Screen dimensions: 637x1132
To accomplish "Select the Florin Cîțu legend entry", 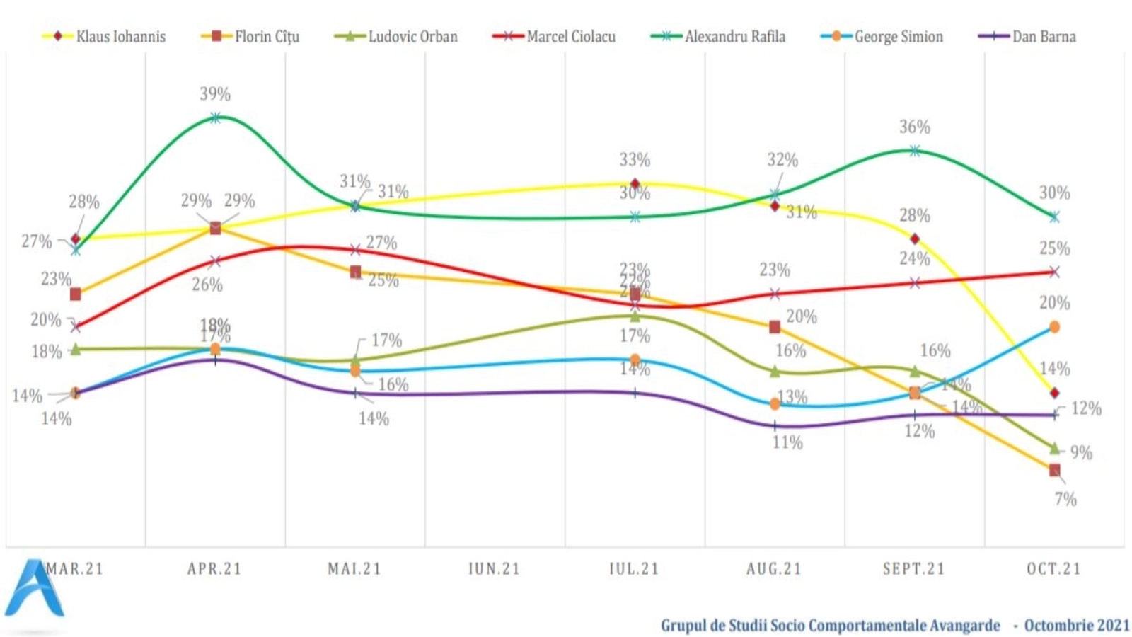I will pos(251,36).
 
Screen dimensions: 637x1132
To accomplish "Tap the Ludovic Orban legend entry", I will pos(396,36).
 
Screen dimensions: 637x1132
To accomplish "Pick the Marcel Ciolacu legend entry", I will pos(555,36).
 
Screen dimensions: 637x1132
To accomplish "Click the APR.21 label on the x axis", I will pos(214,569).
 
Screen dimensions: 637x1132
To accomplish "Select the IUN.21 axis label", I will pos(494,569).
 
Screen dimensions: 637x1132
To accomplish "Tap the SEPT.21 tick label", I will pos(913,569).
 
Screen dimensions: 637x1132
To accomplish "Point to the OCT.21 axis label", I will pos(1053,569).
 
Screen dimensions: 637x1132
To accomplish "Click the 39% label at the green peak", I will pos(215,94).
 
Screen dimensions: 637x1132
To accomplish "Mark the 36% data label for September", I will pos(915,127).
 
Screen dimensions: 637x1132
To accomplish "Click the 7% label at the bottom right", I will pos(1065,500).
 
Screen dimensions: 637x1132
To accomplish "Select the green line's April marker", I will pos(215,118).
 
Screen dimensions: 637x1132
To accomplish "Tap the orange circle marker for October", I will pos(1054,327).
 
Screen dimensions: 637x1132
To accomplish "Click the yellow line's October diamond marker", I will pos(1054,393).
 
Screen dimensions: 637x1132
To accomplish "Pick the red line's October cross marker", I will pos(1054,272).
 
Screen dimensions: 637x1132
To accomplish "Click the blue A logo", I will pos(34,589).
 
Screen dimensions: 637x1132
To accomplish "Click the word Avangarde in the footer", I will pos(965,626).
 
